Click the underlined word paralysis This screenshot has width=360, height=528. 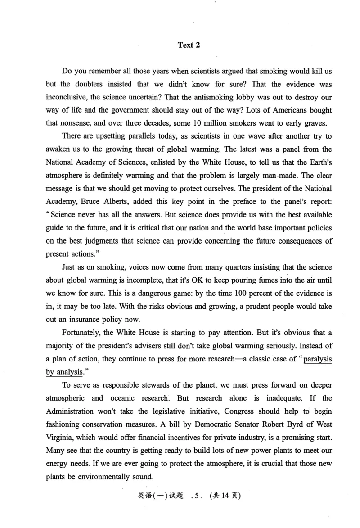pyautogui.click(x=317, y=358)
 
